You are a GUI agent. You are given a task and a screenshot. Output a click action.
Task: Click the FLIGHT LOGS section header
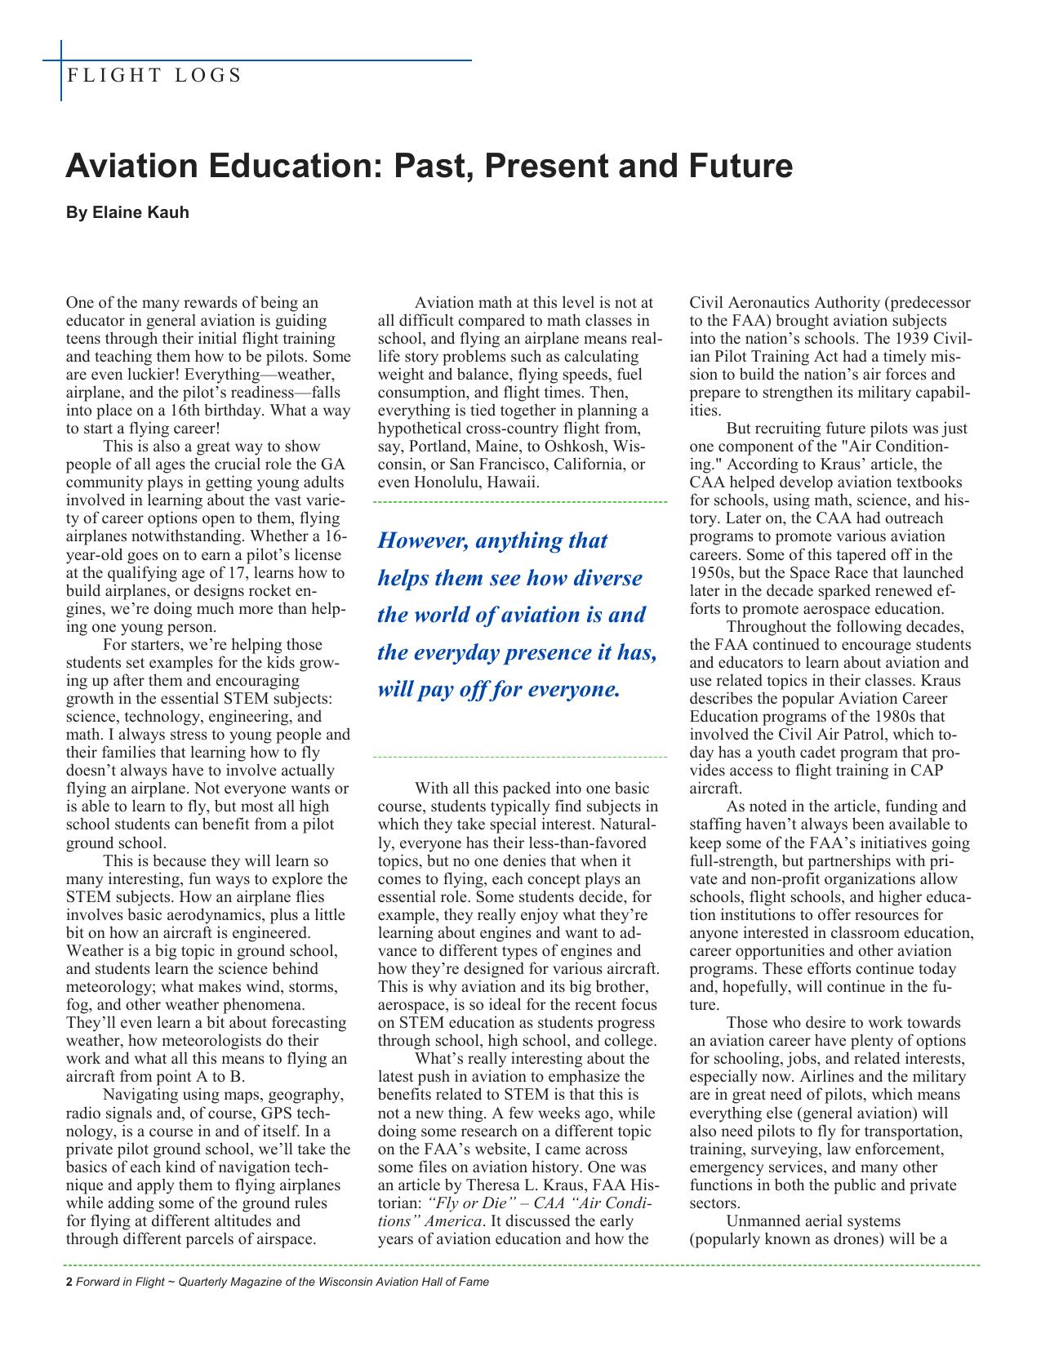point(154,76)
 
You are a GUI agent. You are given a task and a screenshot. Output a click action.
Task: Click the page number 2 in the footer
point(69,1282)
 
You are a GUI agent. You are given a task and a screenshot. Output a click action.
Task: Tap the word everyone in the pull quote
point(575,690)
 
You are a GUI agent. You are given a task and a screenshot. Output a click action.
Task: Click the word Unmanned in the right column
point(759,1222)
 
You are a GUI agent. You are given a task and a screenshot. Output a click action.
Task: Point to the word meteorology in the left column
point(106,988)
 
